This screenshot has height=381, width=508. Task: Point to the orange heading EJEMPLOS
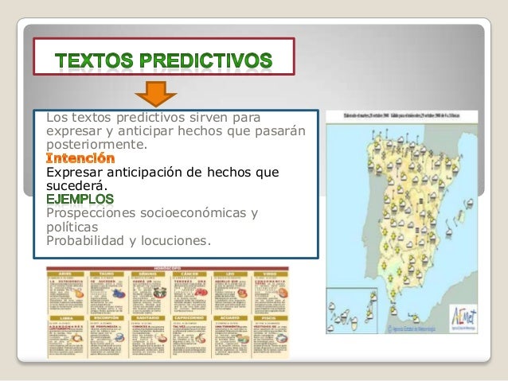point(80,199)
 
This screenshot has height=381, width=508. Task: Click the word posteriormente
point(97,146)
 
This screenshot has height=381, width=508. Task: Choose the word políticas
point(74,226)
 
